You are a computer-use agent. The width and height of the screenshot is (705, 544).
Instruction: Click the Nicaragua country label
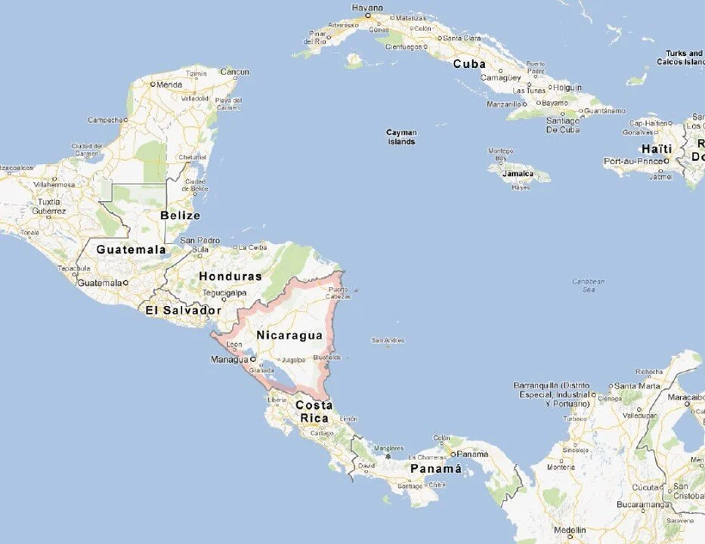pos(289,335)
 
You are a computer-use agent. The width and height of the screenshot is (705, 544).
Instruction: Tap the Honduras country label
pos(230,277)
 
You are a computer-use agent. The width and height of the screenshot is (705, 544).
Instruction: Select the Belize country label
pos(181,215)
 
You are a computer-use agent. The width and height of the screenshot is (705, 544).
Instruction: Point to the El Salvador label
pos(184,311)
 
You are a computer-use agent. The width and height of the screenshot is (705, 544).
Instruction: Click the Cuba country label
pos(469,64)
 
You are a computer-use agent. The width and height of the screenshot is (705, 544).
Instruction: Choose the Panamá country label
pos(435,469)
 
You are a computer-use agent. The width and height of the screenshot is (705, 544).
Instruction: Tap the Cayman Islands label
pos(401,137)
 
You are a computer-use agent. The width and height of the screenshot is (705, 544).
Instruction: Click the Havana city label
pos(367,8)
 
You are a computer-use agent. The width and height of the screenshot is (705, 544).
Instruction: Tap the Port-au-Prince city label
pos(632,161)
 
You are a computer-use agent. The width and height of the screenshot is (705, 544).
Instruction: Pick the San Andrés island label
pos(388,341)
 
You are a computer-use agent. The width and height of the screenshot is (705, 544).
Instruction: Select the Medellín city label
pos(569,530)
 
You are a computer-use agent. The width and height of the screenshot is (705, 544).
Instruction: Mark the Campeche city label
pos(105,119)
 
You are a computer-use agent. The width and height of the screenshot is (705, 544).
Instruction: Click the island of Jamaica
pos(518,173)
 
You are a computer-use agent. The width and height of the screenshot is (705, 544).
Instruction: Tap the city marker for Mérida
pos(153,85)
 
